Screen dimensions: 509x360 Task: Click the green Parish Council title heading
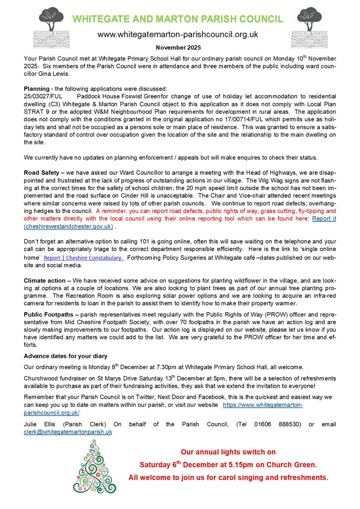click(177, 19)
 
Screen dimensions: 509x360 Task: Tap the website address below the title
click(177, 34)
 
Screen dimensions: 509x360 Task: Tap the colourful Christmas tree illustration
click(94, 467)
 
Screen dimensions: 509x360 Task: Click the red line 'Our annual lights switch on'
click(228, 452)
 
